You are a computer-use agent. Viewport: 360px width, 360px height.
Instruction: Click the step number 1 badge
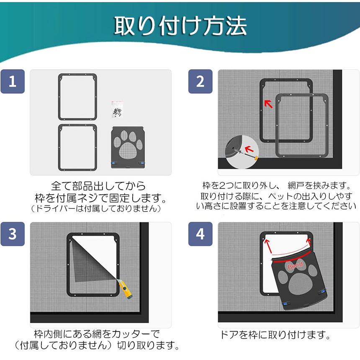pyautogui.click(x=13, y=81)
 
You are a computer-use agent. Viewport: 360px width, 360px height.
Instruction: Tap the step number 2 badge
pyautogui.click(x=200, y=81)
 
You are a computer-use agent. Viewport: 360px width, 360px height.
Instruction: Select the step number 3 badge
pyautogui.click(x=13, y=234)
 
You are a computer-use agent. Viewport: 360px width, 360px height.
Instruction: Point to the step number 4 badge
pyautogui.click(x=200, y=234)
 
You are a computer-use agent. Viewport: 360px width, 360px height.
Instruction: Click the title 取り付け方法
pyautogui.click(x=180, y=26)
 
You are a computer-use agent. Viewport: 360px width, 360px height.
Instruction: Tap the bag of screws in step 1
pyautogui.click(x=117, y=110)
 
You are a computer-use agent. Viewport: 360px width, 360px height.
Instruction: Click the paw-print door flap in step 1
pyautogui.click(x=128, y=147)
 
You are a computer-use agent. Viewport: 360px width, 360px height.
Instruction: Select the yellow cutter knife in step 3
pyautogui.click(x=125, y=288)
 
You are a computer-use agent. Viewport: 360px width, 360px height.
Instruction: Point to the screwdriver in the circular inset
pyautogui.click(x=246, y=154)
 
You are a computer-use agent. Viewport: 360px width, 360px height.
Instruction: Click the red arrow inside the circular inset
pyautogui.click(x=249, y=149)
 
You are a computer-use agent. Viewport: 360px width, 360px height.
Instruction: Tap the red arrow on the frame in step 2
pyautogui.click(x=268, y=104)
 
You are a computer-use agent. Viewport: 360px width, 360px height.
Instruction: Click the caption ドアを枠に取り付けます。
pyautogui.click(x=275, y=335)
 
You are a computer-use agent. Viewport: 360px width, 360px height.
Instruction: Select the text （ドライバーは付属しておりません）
pyautogui.click(x=95, y=208)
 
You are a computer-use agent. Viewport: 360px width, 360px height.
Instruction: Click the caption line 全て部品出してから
pyautogui.click(x=98, y=186)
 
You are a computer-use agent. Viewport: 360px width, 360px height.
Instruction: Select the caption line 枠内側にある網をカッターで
pyautogui.click(x=97, y=334)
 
